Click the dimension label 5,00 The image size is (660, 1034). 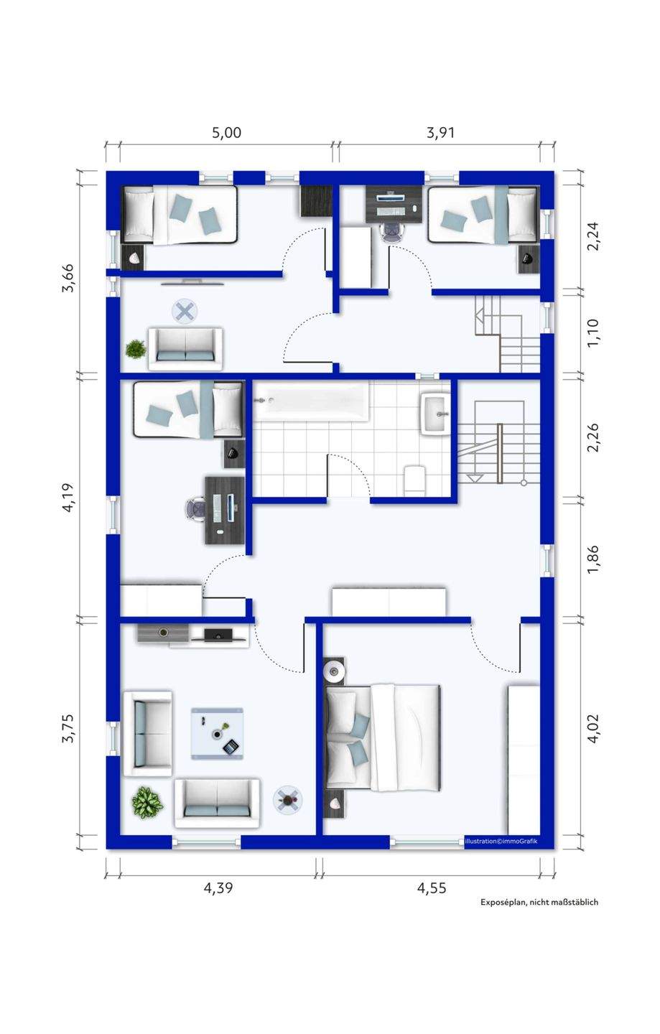[x=226, y=133]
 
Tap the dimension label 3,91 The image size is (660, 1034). [x=440, y=133]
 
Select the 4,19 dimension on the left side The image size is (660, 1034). [x=68, y=497]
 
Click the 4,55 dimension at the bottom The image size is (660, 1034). [x=432, y=888]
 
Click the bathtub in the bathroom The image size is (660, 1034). [x=312, y=401]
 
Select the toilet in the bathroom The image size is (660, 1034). [x=414, y=480]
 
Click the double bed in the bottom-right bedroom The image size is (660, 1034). [x=383, y=737]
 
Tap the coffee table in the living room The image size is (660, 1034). [x=217, y=733]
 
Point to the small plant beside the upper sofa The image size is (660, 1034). [x=136, y=349]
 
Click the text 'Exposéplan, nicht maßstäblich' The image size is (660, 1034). [x=539, y=915]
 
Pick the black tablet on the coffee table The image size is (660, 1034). [x=231, y=746]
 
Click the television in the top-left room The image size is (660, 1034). [x=192, y=282]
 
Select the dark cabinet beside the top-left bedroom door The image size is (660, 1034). [x=316, y=201]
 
